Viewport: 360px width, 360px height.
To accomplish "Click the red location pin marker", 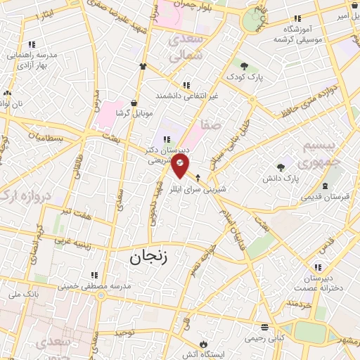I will click(x=181, y=166).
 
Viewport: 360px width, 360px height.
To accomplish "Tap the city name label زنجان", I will click(x=150, y=258).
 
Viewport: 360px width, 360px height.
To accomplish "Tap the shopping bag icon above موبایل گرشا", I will click(x=134, y=103).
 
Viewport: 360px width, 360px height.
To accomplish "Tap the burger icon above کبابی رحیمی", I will click(x=264, y=327).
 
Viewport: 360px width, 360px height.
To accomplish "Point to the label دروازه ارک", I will click(x=24, y=194).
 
